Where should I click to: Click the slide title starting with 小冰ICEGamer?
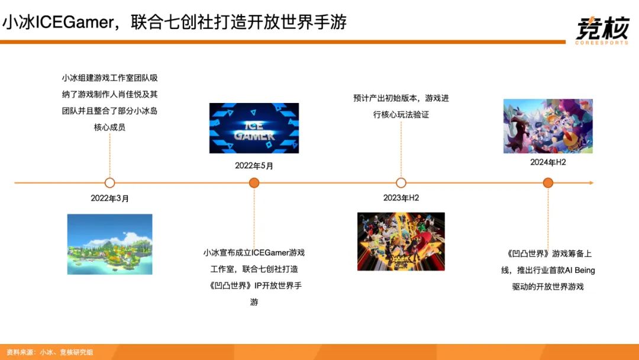174,22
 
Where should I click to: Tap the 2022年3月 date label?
109,198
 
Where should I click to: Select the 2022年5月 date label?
254,166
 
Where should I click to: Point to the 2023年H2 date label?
401,198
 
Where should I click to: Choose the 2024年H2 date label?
548,162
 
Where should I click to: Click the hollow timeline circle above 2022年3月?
109,183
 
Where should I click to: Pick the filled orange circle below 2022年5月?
254,183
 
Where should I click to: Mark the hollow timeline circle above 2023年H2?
401,183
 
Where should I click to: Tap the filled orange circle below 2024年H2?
548,183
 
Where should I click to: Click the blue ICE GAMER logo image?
254,128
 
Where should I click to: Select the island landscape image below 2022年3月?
109,244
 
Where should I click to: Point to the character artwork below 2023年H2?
401,242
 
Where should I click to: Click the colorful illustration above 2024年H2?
548,126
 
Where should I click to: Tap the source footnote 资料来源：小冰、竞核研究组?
50,352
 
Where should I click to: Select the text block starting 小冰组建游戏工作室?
109,102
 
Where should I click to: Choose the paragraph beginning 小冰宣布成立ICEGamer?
254,277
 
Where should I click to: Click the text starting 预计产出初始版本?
401,106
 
